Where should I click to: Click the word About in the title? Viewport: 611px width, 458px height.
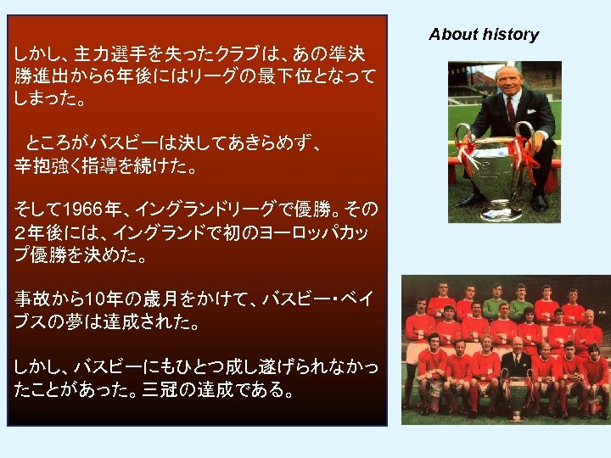point(453,35)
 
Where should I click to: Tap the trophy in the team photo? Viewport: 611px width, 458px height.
point(517,396)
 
